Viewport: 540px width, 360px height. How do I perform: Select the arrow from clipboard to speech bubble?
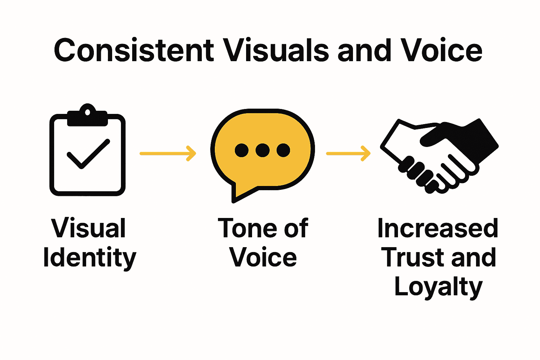[x=167, y=153]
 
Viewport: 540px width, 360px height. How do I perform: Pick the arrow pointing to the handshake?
[x=348, y=153]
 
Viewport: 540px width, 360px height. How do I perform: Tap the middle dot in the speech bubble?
[x=262, y=150]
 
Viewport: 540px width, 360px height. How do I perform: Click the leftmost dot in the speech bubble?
[x=242, y=150]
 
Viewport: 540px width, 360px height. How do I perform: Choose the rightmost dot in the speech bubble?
[x=283, y=150]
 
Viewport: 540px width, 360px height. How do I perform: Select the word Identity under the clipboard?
[x=89, y=258]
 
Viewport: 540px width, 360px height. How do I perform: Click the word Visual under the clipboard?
[x=88, y=229]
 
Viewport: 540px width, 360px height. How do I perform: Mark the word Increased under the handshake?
[x=438, y=229]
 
